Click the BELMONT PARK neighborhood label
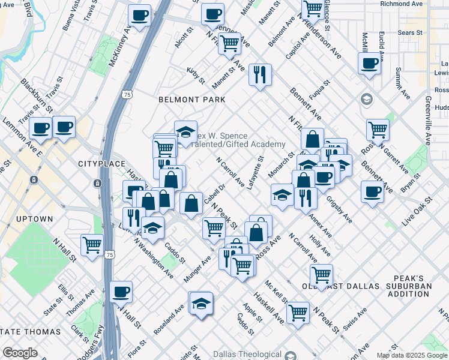191,99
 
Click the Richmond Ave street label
402,4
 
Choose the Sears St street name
410,33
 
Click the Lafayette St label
255,173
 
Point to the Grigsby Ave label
340,209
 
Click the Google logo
20,353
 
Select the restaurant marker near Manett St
260,75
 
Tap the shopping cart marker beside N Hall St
92,244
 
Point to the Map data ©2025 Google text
412,355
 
